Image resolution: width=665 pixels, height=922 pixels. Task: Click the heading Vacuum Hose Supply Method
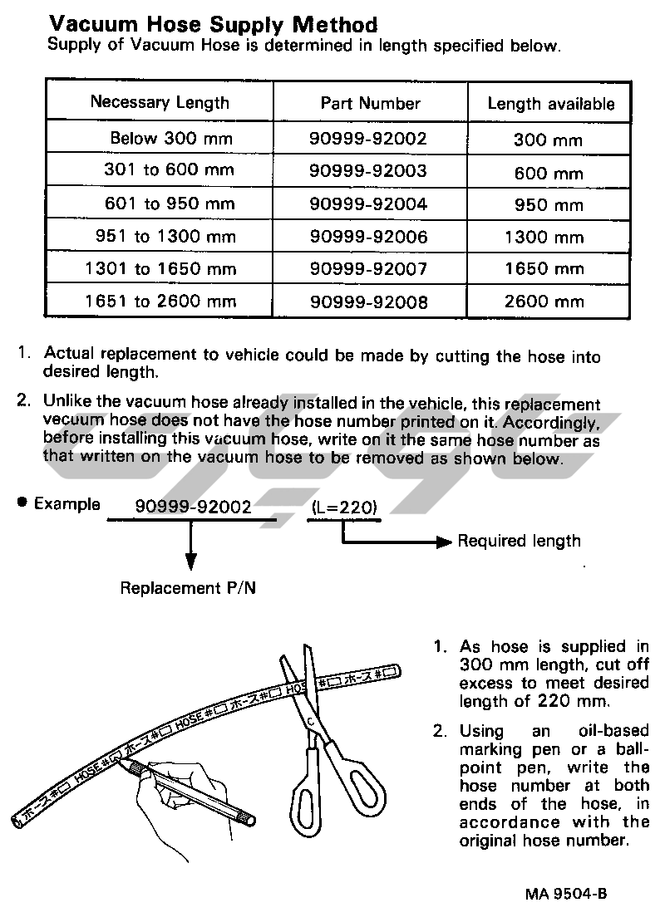coord(213,24)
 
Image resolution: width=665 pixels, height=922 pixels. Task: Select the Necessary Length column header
coord(160,103)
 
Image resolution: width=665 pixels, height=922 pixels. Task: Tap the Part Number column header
coord(371,104)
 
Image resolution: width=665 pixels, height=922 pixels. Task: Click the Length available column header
coord(551,104)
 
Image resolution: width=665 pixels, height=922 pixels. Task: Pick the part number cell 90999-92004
coord(368,204)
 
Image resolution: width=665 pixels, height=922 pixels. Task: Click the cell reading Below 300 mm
coord(172,138)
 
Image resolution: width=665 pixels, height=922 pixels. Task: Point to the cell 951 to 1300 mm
coord(165,237)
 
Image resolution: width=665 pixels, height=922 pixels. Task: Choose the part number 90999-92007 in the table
coord(368,269)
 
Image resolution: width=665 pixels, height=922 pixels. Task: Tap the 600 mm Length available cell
coord(548,173)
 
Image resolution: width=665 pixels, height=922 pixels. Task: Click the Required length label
coord(520,542)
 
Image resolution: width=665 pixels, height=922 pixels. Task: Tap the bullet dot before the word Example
coord(22,503)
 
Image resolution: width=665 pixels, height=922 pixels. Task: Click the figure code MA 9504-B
coord(565,895)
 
